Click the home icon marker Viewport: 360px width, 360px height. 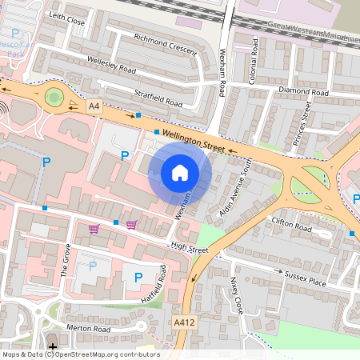coord(180,173)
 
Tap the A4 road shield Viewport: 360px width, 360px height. coord(94,106)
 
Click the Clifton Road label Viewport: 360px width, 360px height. coord(290,226)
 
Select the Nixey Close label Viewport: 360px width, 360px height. coord(236,296)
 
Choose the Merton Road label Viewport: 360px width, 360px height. coord(88,328)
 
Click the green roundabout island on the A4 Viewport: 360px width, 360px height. coord(54,98)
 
